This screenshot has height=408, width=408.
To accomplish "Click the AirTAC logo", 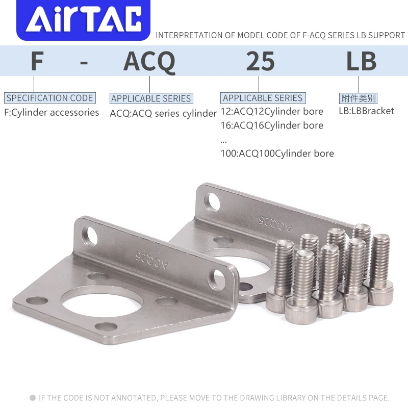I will click(x=85, y=20).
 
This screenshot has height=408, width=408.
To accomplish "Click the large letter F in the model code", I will click(x=37, y=62).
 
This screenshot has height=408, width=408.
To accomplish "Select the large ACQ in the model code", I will click(x=149, y=62).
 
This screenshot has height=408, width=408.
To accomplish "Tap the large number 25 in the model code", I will click(x=260, y=62).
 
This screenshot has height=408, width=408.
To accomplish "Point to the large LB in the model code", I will click(x=361, y=62).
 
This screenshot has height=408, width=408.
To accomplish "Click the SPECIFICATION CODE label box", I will click(x=49, y=98).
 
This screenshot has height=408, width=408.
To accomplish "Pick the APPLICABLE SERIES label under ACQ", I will click(x=151, y=98).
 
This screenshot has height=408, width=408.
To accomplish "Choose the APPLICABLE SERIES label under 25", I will click(x=263, y=98).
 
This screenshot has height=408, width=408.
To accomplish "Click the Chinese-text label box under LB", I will click(x=358, y=98).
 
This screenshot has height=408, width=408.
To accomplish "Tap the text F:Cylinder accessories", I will click(x=52, y=112).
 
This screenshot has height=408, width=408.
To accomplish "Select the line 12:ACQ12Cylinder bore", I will click(x=272, y=111).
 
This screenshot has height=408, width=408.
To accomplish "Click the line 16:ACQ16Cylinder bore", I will click(x=272, y=125).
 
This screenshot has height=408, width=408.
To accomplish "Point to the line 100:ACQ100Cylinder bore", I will click(x=277, y=153).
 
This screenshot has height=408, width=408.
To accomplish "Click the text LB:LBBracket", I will click(x=366, y=111).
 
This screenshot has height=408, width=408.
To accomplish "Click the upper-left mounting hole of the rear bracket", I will click(x=213, y=202).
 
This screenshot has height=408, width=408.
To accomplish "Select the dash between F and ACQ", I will click(x=85, y=63).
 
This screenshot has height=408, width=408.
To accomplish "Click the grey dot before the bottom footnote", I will click(x=33, y=398).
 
